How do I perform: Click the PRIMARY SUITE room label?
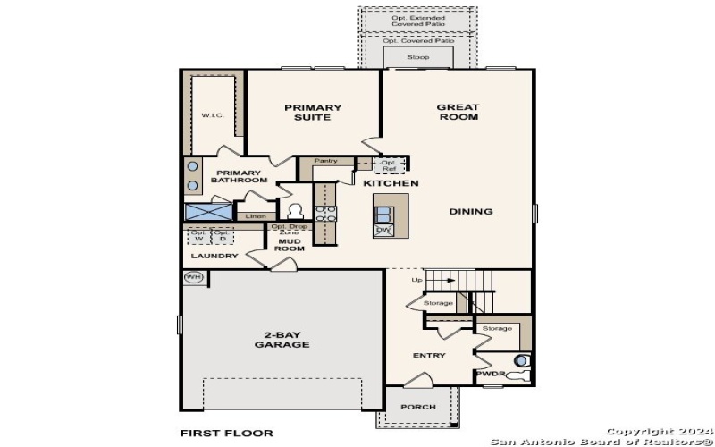313,113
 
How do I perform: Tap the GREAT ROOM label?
458,112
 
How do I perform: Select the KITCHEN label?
391,183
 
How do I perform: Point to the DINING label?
471,212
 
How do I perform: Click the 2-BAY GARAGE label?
282,340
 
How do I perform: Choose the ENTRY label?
428,356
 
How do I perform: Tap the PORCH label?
418,408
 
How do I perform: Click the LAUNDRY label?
214,256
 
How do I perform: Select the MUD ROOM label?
288,246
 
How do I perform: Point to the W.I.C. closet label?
212,114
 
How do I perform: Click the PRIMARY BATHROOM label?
239,177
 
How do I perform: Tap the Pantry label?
325,161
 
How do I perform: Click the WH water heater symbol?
194,277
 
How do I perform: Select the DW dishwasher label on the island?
383,230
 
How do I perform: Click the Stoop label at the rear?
417,57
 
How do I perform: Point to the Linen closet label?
256,215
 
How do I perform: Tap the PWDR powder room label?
489,374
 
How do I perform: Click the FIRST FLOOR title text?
225,433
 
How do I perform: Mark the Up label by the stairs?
416,280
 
